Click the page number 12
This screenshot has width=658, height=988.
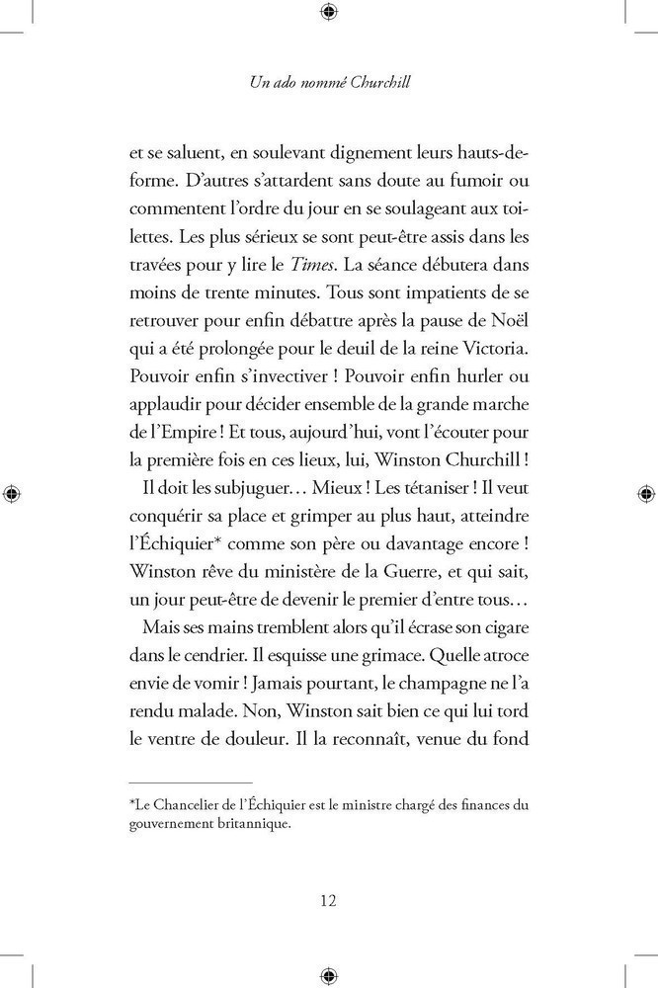click(329, 900)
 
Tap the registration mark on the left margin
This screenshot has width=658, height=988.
click(11, 492)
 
